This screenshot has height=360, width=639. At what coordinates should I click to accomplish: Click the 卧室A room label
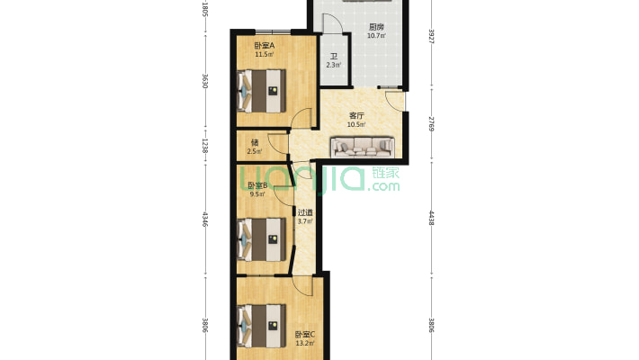point(264,46)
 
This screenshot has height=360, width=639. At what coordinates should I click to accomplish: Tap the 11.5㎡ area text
point(264,54)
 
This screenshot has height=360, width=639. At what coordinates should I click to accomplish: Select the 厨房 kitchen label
point(376,27)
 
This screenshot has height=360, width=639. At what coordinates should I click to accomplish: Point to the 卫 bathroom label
point(334,57)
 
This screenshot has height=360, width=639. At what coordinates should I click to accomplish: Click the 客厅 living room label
point(356,116)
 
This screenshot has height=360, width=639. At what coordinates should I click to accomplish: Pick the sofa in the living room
point(363,147)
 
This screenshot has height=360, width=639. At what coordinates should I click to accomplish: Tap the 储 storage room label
point(255,143)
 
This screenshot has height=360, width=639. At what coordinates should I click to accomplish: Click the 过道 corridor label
point(305,212)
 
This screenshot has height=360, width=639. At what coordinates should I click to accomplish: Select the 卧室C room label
point(305,335)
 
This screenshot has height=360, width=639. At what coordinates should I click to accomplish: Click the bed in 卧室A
point(261,91)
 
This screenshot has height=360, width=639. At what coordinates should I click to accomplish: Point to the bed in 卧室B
point(261,239)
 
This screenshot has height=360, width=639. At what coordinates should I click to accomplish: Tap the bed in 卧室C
point(261,326)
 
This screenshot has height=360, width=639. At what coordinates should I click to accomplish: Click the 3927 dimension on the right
point(432,37)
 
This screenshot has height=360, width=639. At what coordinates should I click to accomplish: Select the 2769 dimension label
point(432,124)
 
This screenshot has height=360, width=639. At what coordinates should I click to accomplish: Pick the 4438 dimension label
point(432,218)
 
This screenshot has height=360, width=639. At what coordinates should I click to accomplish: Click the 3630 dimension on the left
point(205,81)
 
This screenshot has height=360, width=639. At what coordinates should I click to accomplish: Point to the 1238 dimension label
point(205,146)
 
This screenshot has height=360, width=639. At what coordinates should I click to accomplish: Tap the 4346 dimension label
point(205,220)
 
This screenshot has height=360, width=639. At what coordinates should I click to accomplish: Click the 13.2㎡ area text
point(305,343)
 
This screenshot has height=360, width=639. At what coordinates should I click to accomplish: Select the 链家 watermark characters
point(385,173)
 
